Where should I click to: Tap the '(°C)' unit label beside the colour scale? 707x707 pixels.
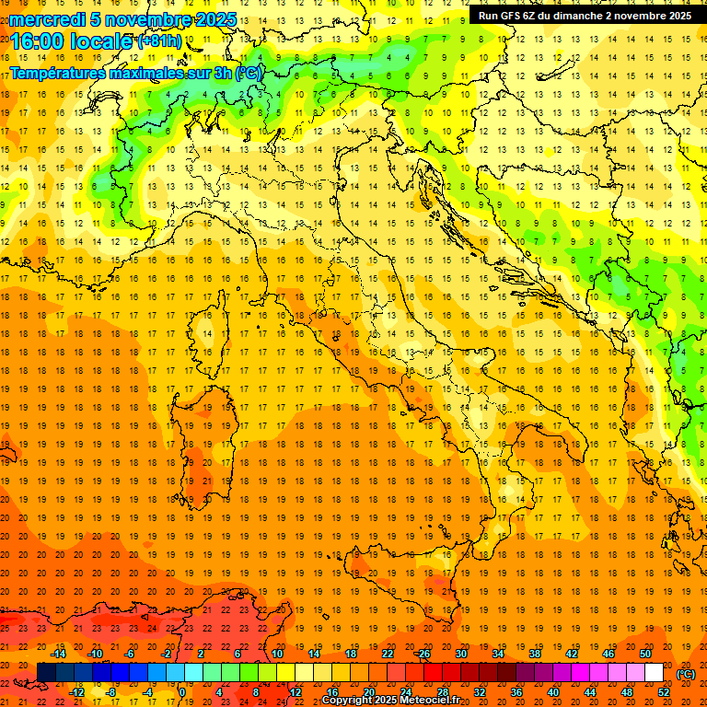[x=686, y=674]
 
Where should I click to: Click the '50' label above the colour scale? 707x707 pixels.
[x=645, y=654]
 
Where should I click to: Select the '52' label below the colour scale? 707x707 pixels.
[x=664, y=692]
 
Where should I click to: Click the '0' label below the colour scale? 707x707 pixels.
[x=183, y=692]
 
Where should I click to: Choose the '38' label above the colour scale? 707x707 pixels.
[x=535, y=654]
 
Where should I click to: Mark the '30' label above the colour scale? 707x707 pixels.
[x=461, y=654]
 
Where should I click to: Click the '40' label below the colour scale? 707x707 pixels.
[x=553, y=692]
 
